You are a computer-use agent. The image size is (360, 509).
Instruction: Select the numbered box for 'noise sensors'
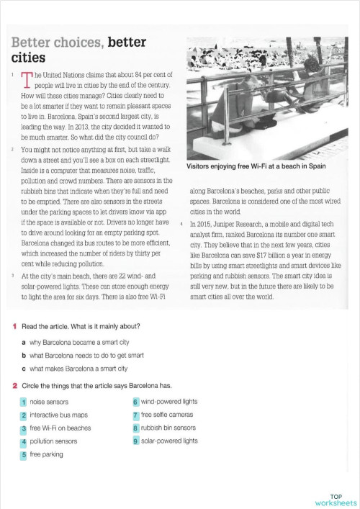point(24,401)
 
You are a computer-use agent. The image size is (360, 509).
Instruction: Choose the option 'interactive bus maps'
point(24,415)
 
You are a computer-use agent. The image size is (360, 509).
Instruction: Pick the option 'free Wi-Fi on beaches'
point(24,428)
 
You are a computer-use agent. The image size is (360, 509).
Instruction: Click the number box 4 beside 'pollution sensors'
point(24,441)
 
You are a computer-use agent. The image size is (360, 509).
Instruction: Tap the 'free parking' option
point(24,454)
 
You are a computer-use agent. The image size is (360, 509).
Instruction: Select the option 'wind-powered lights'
point(135,401)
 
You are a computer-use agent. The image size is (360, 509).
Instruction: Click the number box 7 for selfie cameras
point(135,415)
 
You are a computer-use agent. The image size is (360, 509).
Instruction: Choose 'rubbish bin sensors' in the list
point(135,428)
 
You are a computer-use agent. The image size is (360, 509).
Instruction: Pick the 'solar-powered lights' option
point(135,441)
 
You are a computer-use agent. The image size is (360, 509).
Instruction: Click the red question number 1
point(15,327)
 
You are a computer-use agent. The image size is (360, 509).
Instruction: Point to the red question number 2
point(15,385)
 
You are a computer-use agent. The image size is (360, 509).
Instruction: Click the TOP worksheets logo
point(335,499)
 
